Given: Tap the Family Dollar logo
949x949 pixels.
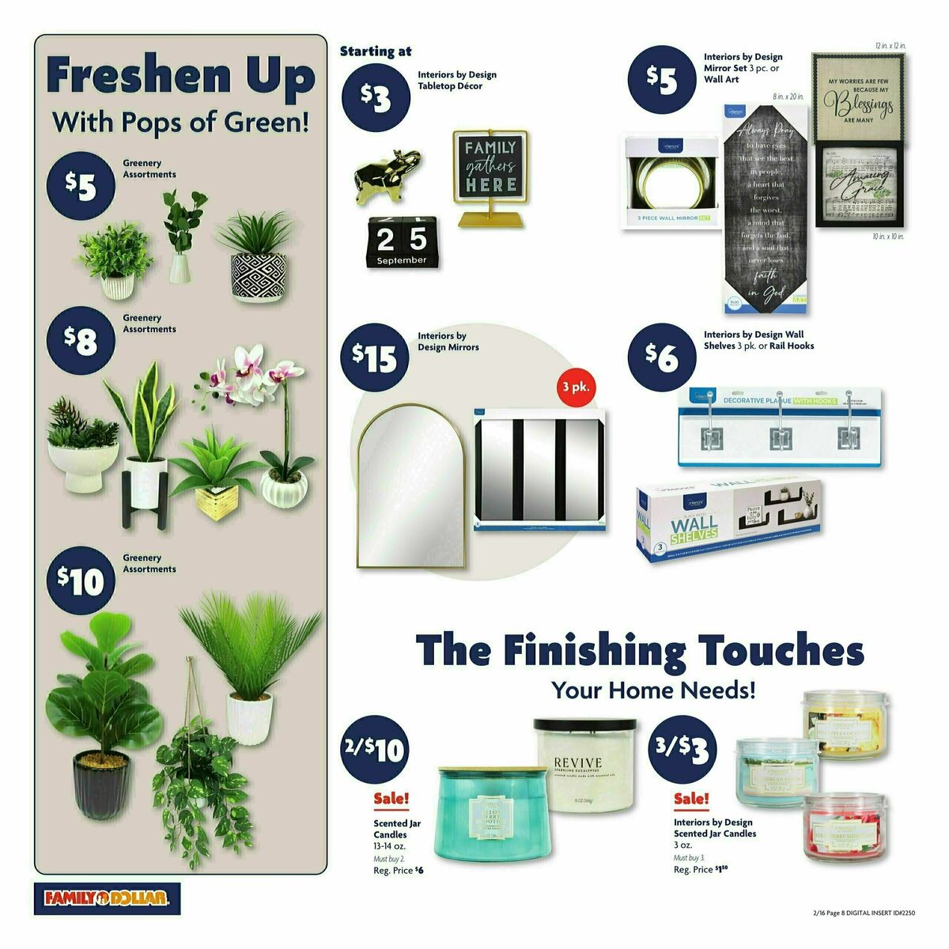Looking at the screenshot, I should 107,898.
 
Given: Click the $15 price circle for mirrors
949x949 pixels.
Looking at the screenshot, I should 374,358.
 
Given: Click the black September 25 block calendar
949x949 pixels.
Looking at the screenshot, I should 400,242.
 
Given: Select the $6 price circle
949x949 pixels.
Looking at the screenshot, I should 662,356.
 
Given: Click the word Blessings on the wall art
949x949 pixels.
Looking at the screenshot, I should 860,104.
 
